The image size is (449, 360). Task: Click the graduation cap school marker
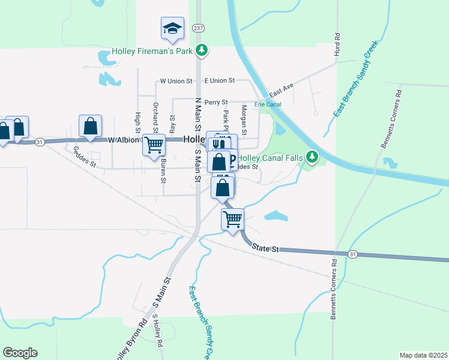172,28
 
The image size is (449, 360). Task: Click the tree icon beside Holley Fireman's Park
203,50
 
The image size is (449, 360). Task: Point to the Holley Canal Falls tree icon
312,157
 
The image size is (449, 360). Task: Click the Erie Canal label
268,104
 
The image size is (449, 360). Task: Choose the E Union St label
219,80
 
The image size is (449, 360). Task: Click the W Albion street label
124,140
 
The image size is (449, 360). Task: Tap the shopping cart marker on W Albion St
154,144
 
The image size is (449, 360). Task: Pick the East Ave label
281,91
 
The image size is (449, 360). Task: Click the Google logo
20,353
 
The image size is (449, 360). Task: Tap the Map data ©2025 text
423,355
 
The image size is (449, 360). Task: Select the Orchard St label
155,117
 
